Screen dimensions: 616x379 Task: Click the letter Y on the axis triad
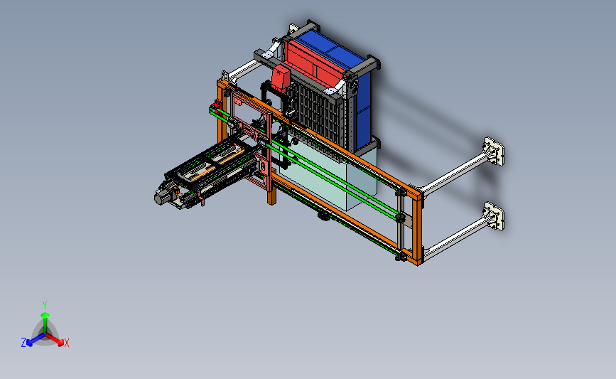click(x=45, y=305)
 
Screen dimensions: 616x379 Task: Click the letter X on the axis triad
click(x=66, y=343)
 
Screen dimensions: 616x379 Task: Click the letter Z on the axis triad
click(x=23, y=343)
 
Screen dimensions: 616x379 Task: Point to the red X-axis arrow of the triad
click(x=54, y=339)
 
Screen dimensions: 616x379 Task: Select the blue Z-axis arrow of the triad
click(x=36, y=339)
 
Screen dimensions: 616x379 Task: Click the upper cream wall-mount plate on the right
click(x=495, y=151)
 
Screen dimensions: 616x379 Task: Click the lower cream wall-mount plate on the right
click(x=495, y=216)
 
